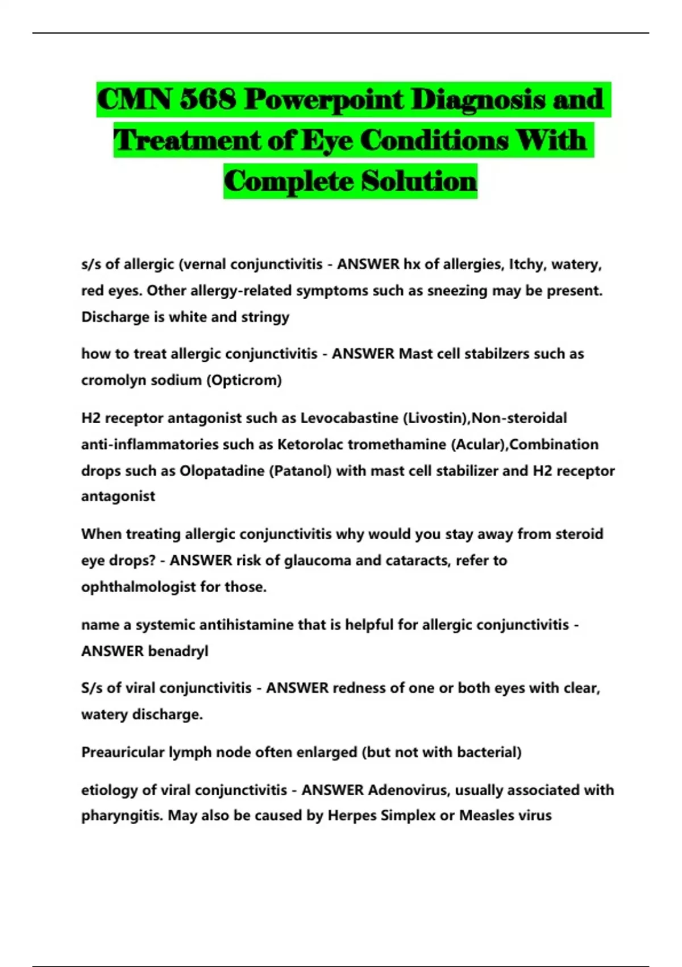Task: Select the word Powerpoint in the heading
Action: point(323,100)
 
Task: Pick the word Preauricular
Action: point(123,753)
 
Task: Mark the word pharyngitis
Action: point(122,816)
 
